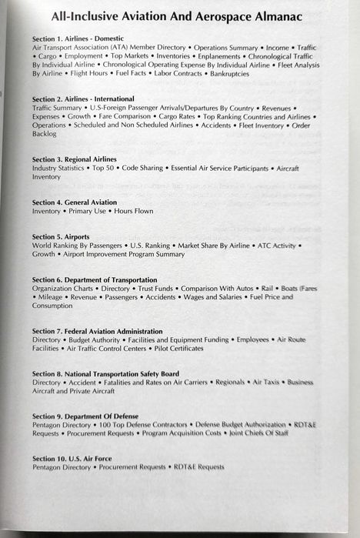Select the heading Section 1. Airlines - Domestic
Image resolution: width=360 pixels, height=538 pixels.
point(82,38)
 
